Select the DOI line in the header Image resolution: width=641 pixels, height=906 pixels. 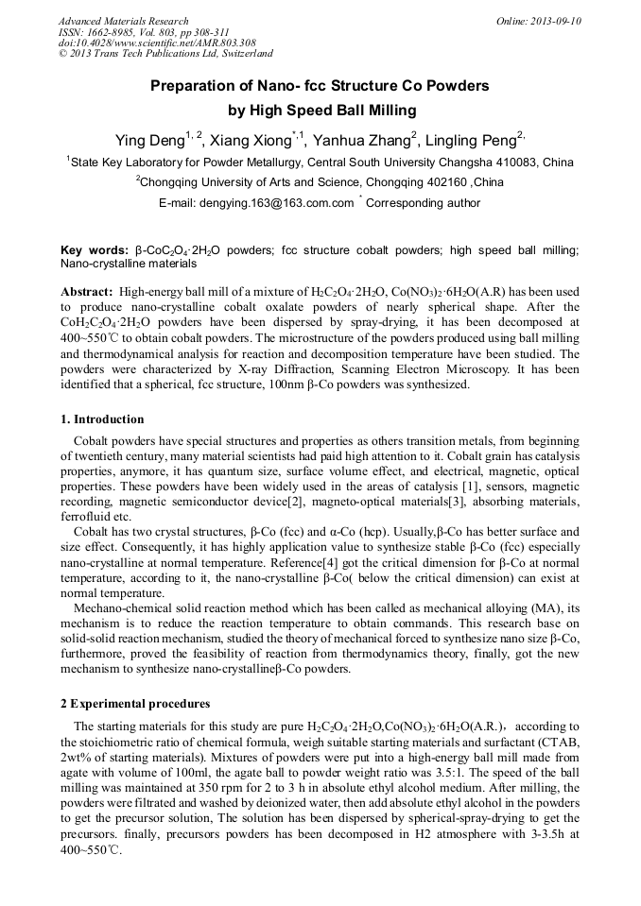tap(157, 43)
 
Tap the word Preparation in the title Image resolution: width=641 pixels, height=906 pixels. tap(195, 86)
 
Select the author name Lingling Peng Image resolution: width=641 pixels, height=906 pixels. tap(470, 142)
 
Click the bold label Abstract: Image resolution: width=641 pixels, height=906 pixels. tap(87, 293)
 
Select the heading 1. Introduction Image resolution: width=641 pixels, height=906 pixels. tap(103, 419)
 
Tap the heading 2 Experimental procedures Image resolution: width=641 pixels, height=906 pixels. tap(135, 704)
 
